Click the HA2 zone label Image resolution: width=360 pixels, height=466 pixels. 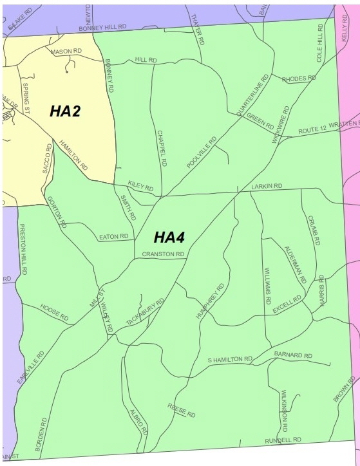tap(65, 111)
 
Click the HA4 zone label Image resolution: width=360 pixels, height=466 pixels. tap(169, 238)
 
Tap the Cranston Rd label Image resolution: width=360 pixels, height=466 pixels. tap(164, 255)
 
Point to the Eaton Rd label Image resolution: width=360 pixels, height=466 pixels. tap(113, 238)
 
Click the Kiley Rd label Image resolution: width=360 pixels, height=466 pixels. tap(140, 187)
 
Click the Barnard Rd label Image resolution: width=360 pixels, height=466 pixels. tap(292, 355)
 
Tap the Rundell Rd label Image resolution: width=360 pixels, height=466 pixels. tap(283, 440)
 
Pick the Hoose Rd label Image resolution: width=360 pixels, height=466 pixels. tap(54, 312)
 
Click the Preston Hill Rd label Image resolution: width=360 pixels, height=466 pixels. tap(23, 250)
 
